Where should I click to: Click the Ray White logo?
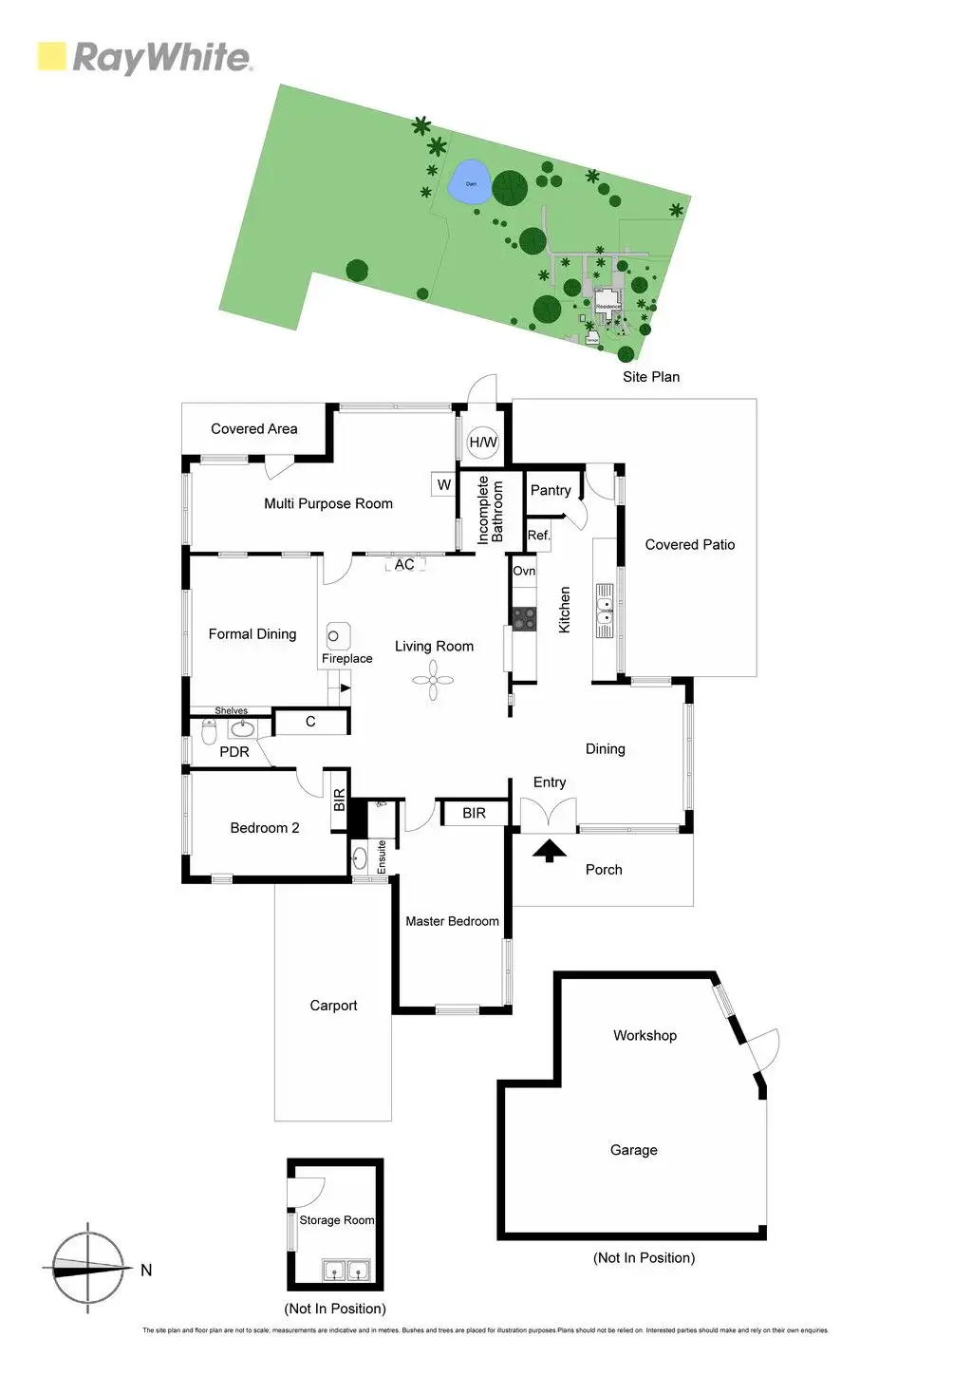tap(144, 57)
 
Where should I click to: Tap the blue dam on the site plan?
tap(469, 182)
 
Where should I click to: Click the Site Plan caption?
tap(650, 377)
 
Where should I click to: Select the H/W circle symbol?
tap(482, 442)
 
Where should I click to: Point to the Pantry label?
tap(551, 490)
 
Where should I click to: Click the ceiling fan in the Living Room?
tap(433, 680)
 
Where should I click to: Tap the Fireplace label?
tap(346, 658)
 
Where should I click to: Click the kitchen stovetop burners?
tap(524, 618)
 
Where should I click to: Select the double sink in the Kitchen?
tap(604, 610)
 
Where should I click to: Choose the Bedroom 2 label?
tap(264, 828)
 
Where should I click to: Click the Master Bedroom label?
tap(452, 921)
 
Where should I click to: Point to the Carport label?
tap(333, 1006)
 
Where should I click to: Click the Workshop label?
tap(645, 1035)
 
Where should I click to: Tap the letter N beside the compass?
tap(146, 1270)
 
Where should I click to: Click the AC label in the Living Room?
tap(404, 565)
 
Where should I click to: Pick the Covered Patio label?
tap(689, 544)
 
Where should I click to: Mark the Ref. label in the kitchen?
tap(538, 536)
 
